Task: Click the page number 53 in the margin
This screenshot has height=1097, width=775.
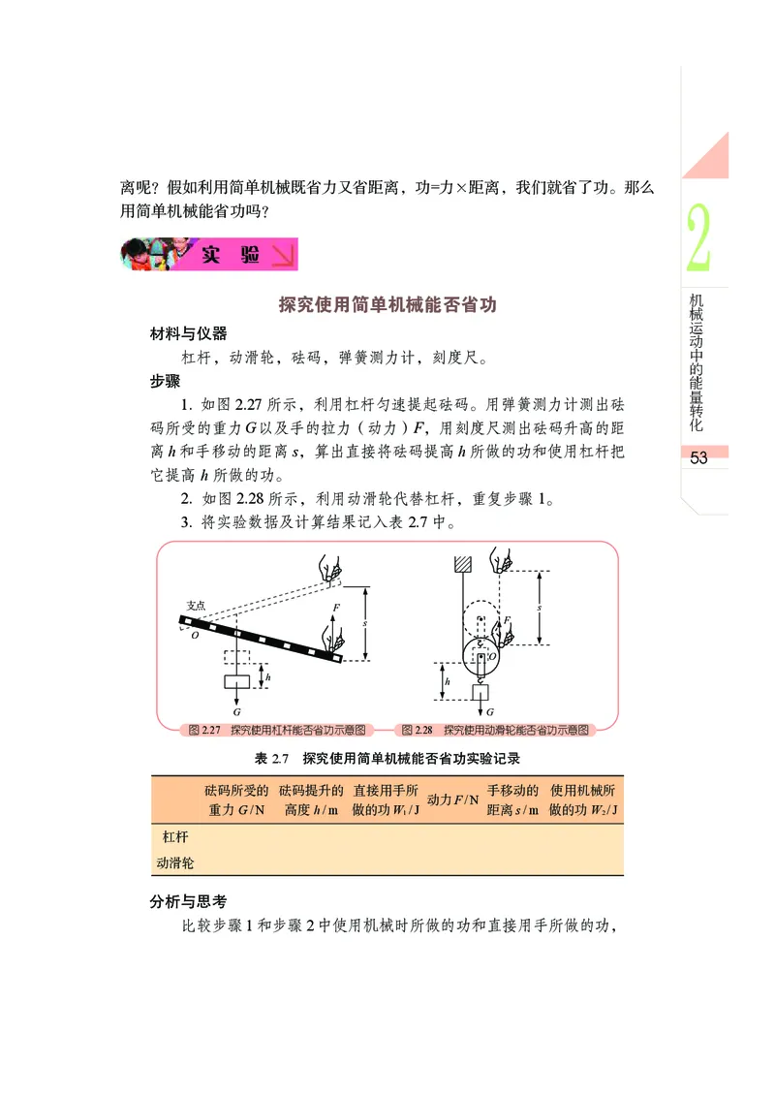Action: click(x=699, y=458)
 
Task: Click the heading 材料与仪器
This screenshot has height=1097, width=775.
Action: click(x=188, y=333)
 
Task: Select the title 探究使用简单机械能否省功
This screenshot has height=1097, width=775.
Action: click(x=387, y=304)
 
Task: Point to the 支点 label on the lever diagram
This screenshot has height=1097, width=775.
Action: click(x=196, y=605)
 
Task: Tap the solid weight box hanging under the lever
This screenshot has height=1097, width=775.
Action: click(x=236, y=681)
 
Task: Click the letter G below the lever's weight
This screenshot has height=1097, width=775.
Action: click(x=236, y=710)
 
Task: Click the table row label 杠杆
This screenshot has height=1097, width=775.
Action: click(x=175, y=835)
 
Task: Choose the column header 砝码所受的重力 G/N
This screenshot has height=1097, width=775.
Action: click(x=237, y=799)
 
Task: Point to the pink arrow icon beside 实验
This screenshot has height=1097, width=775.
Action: click(x=282, y=256)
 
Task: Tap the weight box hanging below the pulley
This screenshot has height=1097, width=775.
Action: click(x=478, y=692)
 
